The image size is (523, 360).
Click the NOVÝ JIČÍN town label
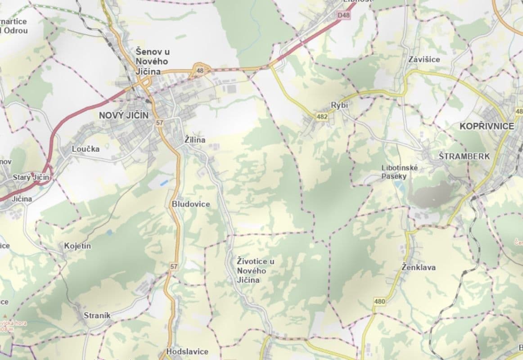click(x=124, y=115)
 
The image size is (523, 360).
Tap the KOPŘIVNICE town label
click(x=487, y=126)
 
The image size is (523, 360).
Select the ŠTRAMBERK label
click(x=464, y=156)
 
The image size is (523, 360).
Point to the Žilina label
click(x=195, y=140)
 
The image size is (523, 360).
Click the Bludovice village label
click(x=191, y=204)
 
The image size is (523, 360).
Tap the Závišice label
click(x=424, y=59)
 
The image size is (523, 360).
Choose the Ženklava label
click(x=419, y=267)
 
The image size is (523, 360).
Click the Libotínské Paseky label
click(x=400, y=172)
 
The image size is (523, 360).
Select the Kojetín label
click(x=77, y=246)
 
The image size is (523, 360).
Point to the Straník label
click(x=97, y=315)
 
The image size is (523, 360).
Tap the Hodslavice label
click(x=187, y=351)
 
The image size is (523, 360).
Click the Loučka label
click(x=86, y=149)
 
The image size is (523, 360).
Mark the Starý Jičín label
click(x=31, y=177)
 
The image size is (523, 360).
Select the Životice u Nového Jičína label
click(x=256, y=270)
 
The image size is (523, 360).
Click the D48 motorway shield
click(x=343, y=15)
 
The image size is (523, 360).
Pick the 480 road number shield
click(x=379, y=301)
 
